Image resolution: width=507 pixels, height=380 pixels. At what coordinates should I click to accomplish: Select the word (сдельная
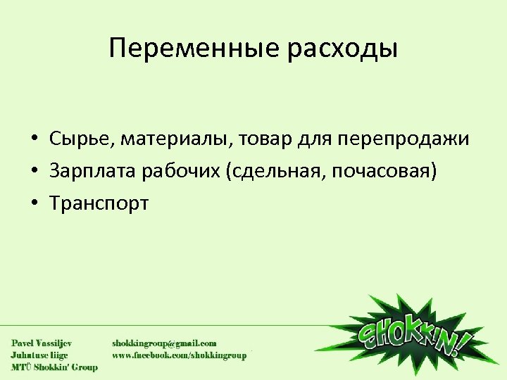271,172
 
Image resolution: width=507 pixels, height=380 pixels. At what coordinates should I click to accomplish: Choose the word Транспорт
99,204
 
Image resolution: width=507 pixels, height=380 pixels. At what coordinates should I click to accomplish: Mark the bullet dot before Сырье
34,139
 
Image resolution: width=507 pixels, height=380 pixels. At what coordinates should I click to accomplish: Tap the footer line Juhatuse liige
39,355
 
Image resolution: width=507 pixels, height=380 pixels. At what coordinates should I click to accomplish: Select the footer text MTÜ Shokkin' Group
54,367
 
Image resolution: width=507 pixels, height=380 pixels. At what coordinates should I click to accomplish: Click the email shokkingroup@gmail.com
164,343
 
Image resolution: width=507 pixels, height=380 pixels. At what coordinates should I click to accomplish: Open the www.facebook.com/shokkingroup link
180,355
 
